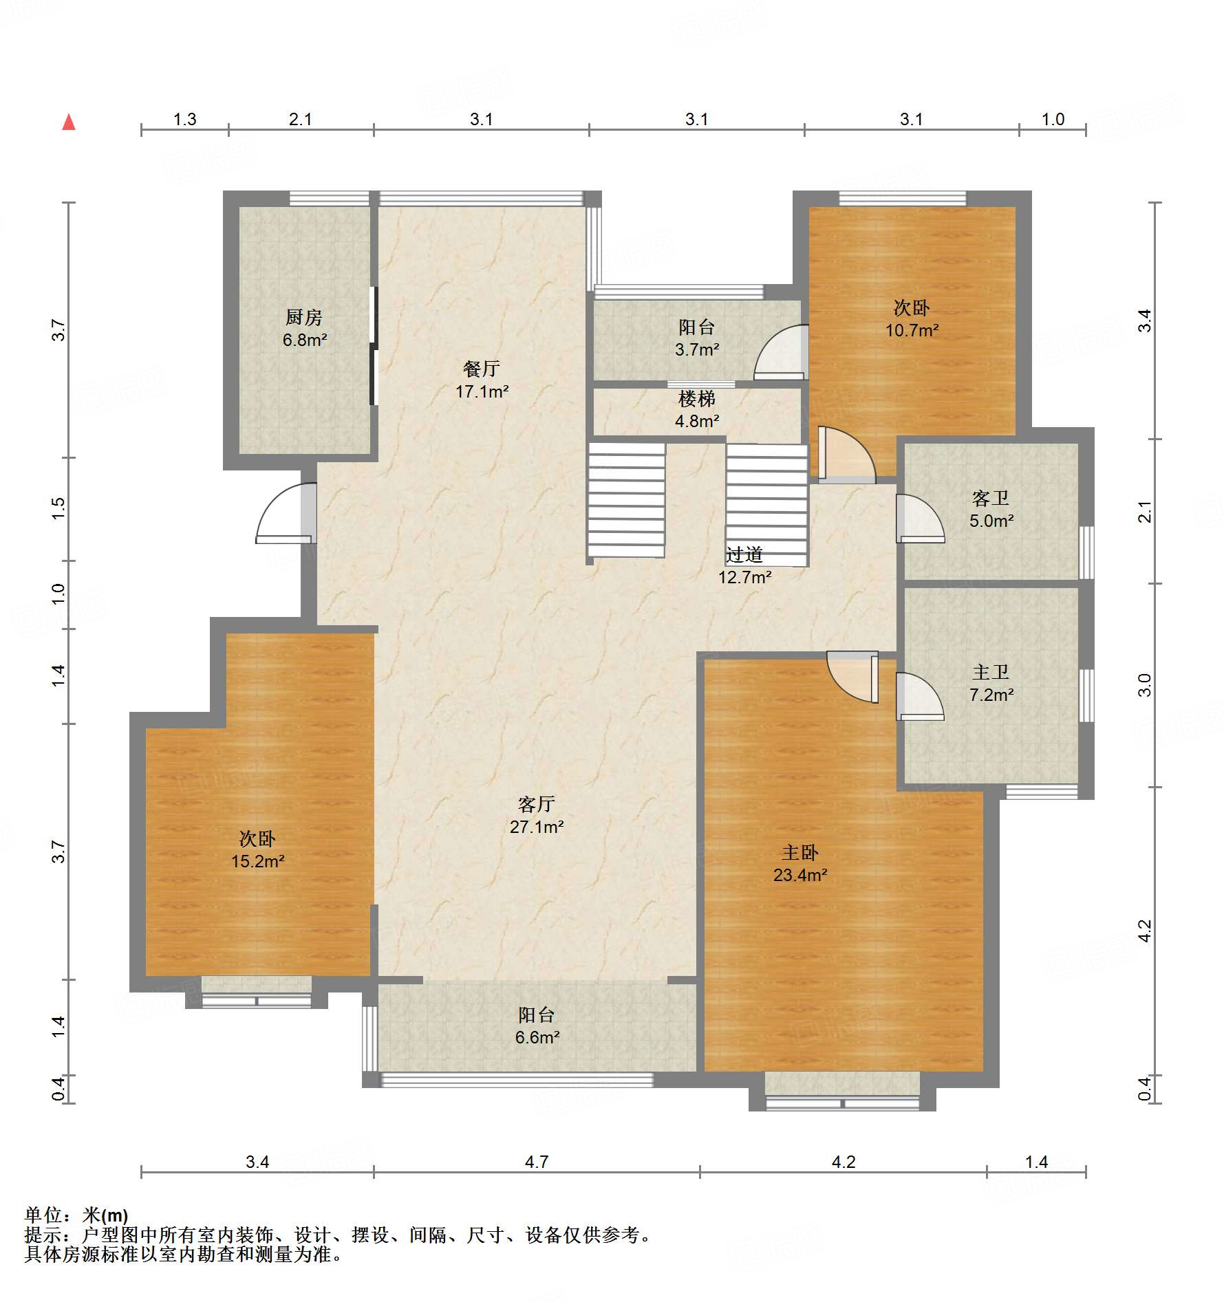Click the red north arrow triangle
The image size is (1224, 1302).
pyautogui.click(x=69, y=122)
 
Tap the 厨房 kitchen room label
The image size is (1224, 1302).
pyautogui.click(x=304, y=317)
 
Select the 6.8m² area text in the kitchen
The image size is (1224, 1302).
pyautogui.click(x=305, y=340)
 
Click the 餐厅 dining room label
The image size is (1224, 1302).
pyautogui.click(x=482, y=369)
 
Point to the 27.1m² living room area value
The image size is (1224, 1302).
pyautogui.click(x=537, y=827)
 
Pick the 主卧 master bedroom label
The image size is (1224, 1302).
pyautogui.click(x=800, y=853)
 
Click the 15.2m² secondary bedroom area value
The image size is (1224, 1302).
pyautogui.click(x=258, y=861)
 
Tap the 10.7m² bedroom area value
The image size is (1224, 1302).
pyautogui.click(x=912, y=330)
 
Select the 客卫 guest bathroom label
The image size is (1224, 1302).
pyautogui.click(x=991, y=498)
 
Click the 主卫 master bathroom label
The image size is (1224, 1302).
pyautogui.click(x=991, y=672)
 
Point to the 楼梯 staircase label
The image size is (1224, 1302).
pyautogui.click(x=697, y=398)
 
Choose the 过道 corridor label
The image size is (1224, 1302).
pyautogui.click(x=744, y=554)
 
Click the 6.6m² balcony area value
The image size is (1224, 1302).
pyautogui.click(x=537, y=1037)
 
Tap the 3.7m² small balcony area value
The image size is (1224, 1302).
pyautogui.click(x=697, y=349)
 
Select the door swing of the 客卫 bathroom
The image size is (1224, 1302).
pyautogui.click(x=920, y=519)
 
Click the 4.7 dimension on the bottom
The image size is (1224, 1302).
pyautogui.click(x=537, y=1162)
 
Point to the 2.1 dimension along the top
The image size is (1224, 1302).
pyautogui.click(x=301, y=120)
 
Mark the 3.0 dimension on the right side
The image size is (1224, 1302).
pyautogui.click(x=1144, y=685)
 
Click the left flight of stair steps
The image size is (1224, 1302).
pyautogui.click(x=626, y=500)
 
